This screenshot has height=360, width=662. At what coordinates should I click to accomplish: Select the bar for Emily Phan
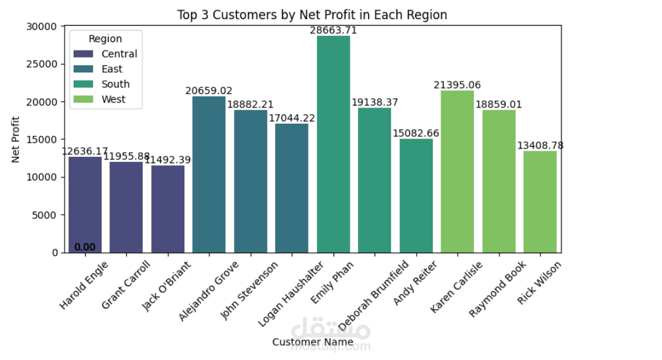[x=334, y=144]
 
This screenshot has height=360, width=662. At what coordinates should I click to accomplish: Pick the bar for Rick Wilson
[x=540, y=202]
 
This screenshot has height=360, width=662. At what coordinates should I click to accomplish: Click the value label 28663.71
[x=334, y=30]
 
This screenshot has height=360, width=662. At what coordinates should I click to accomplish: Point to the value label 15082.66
[x=416, y=133]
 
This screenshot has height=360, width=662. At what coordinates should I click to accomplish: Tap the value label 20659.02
[x=209, y=91]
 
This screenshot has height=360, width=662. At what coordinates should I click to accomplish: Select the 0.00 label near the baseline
[x=85, y=247]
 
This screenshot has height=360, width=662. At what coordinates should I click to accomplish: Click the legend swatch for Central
[x=83, y=54]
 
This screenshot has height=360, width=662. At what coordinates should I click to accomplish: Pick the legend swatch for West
[x=83, y=99]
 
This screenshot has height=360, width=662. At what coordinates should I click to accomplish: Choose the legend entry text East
[x=112, y=69]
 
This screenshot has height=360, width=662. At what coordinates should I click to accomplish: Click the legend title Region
[x=105, y=39]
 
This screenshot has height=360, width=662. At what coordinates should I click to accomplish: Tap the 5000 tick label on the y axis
[x=47, y=215]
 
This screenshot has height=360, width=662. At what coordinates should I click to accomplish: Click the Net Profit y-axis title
[x=16, y=139]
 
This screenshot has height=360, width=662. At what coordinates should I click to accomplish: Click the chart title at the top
[x=312, y=15]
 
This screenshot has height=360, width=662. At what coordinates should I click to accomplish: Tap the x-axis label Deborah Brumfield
[x=374, y=295]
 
